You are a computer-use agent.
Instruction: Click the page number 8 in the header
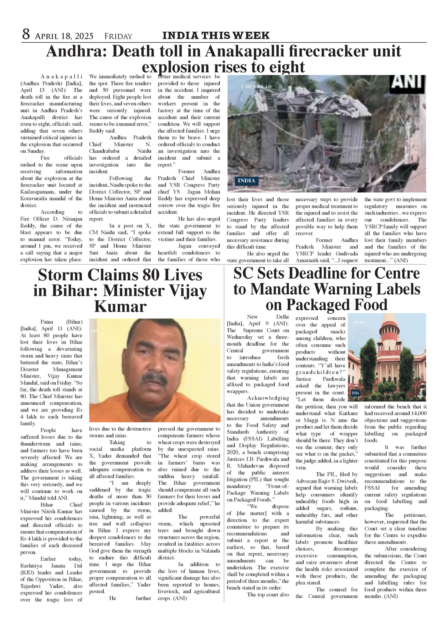[26, 34]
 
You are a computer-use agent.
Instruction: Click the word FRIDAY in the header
[118, 36]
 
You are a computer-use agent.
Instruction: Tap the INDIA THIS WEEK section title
[216, 35]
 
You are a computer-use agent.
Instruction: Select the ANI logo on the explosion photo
[408, 82]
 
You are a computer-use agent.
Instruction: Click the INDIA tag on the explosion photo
[246, 181]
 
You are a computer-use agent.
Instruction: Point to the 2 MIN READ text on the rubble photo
[256, 86]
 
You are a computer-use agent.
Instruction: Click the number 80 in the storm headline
[152, 276]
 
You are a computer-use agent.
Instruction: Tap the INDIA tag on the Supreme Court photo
[355, 393]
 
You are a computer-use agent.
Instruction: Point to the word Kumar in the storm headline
[120, 307]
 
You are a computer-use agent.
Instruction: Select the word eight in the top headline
[287, 67]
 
